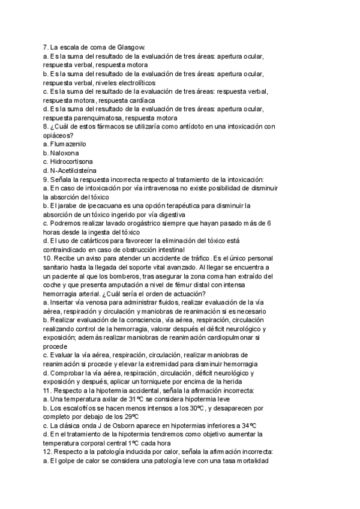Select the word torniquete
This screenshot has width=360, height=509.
pos(176,382)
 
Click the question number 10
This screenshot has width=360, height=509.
pos(49,258)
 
